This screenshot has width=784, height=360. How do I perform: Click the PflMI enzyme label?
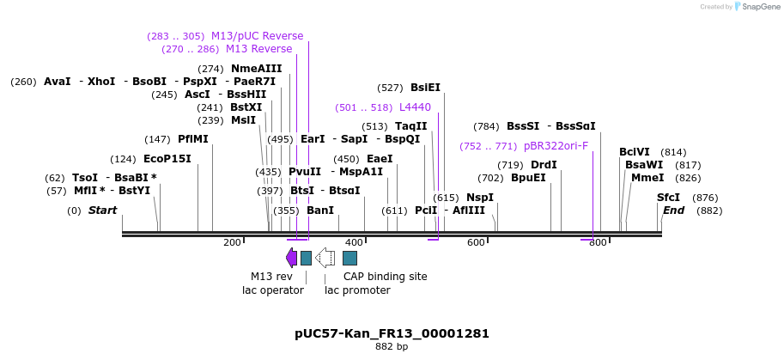[192, 139]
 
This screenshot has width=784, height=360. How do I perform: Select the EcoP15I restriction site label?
[167, 159]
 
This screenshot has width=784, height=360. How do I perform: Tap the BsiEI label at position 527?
[425, 88]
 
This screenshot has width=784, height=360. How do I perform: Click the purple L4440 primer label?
[415, 107]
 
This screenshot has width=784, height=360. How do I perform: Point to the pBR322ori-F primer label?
[556, 146]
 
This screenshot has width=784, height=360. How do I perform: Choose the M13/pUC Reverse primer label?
[257, 36]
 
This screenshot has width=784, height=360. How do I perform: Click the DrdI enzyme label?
[544, 165]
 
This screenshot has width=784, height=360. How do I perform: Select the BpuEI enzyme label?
[528, 178]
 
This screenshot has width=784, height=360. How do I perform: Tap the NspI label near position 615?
[479, 198]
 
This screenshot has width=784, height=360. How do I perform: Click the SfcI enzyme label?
[668, 198]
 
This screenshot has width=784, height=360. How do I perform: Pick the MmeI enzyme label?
[647, 178]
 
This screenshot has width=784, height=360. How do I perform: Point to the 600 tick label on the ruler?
[476, 243]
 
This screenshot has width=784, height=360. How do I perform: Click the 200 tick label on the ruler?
[232, 243]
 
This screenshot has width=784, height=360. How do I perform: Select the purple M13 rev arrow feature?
[291, 258]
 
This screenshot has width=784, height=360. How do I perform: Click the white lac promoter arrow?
[325, 258]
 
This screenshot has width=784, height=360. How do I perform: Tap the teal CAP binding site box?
[349, 258]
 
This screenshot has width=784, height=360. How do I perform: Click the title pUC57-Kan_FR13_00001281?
[392, 333]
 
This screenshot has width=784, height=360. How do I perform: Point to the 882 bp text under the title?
[392, 347]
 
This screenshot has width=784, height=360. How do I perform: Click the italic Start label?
[102, 211]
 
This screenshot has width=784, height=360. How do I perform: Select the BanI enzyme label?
[320, 211]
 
